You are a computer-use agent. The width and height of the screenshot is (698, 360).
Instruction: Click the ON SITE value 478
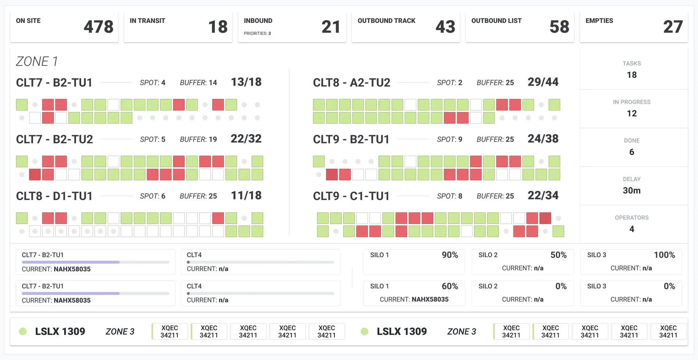(98, 27)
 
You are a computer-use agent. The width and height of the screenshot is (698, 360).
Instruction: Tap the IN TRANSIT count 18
(218, 27)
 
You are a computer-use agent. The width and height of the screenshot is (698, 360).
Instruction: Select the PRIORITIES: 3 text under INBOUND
(257, 33)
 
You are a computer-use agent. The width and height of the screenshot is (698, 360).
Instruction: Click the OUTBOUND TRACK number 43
(445, 27)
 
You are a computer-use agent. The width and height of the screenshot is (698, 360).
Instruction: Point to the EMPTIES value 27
(673, 27)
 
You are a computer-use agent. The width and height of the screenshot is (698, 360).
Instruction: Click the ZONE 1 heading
(37, 61)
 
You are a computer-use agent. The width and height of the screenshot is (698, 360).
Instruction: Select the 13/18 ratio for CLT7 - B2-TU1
(246, 82)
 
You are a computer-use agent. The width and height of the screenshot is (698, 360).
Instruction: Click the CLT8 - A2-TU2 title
(351, 83)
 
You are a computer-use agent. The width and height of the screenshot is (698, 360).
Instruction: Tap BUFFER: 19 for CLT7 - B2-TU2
(198, 139)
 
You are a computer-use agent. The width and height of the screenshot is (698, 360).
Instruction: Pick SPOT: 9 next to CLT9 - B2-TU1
(449, 139)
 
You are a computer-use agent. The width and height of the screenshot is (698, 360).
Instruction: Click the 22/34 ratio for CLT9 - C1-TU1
(543, 196)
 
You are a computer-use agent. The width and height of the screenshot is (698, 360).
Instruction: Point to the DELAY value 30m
(631, 191)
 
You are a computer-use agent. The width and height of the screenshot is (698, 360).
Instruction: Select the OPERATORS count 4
(631, 229)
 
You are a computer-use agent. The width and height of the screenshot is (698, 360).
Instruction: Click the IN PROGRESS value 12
(631, 113)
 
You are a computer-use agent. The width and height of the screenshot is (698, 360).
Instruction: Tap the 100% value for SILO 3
(664, 255)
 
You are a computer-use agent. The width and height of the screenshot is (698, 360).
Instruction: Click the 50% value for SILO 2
(558, 255)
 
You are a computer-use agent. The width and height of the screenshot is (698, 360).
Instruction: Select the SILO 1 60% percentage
(450, 286)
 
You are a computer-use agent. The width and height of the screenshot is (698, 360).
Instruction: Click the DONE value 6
(631, 152)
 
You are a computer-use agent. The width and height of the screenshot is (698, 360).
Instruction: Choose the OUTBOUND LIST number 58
(559, 27)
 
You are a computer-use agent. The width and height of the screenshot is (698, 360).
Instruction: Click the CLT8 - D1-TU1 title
(54, 196)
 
